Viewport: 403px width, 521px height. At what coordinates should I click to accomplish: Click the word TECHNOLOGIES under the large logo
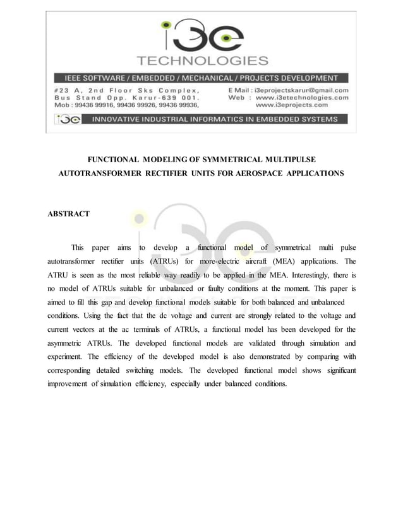[x=202, y=61]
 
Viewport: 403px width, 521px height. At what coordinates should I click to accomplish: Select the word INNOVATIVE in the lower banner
[x=121, y=119]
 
